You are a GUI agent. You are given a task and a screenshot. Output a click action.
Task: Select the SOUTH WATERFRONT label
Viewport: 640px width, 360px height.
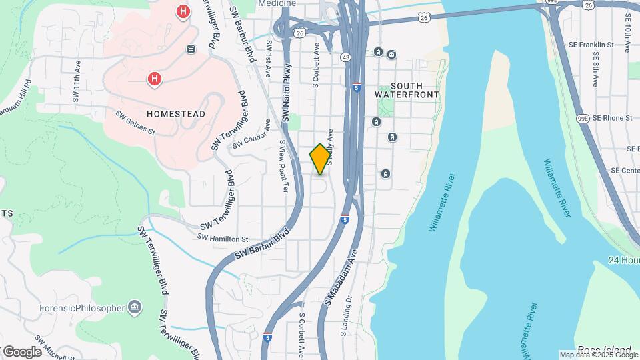tap(407, 91)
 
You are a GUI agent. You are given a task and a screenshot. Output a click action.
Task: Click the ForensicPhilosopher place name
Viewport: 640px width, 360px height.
tap(81, 308)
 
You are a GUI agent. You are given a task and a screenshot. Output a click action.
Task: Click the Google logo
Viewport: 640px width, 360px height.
tap(22, 352)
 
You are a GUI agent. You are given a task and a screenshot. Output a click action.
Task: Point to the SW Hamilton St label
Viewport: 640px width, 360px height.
tap(223, 238)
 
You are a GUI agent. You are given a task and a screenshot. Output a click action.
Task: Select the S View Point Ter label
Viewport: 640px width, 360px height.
tap(283, 166)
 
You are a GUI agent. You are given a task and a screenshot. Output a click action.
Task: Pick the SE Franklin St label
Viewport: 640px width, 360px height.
tap(591, 45)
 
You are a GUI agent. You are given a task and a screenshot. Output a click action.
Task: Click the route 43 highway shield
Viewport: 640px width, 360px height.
tap(345, 57)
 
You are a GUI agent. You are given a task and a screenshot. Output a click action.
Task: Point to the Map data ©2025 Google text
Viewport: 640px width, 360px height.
tap(598, 355)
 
